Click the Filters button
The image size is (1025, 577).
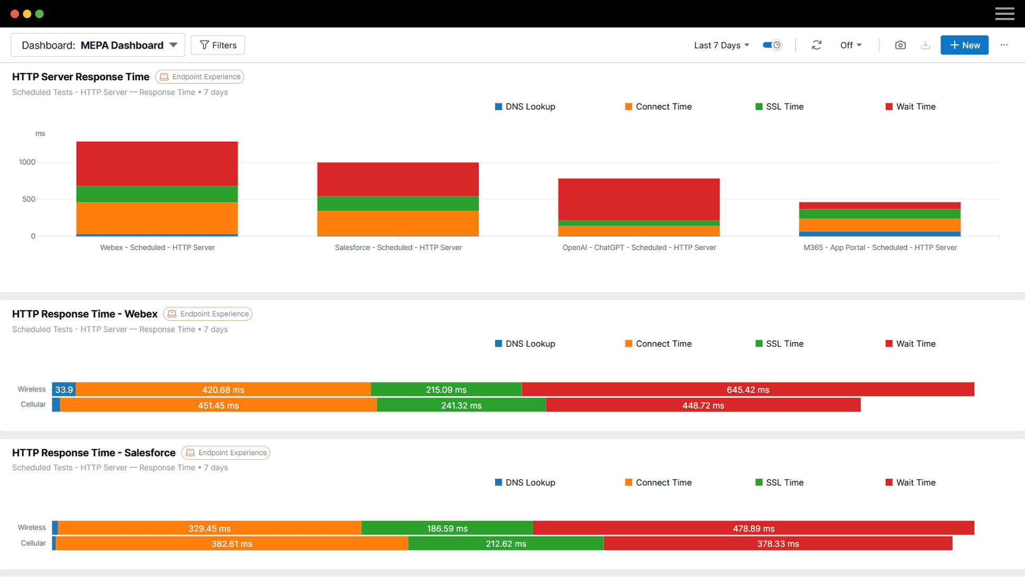coord(218,45)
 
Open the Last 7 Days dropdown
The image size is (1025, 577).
coord(721,45)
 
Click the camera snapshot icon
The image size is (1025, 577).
coord(900,45)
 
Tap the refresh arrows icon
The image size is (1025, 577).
coord(816,45)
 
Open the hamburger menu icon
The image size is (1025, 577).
coord(1004,14)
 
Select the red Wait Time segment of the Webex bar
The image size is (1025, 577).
coord(157,164)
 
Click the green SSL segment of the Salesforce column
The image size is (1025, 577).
coord(398,203)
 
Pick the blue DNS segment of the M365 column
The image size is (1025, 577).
coord(880,234)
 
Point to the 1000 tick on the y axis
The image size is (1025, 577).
coord(27,162)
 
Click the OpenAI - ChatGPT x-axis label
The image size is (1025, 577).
coord(639,247)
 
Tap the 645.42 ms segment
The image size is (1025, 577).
coord(748,390)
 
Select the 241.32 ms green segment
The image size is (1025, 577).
coord(461,406)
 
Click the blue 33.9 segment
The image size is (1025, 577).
coord(64,390)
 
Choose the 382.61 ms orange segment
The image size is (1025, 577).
coord(231,544)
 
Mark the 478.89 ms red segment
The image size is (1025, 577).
coord(753,528)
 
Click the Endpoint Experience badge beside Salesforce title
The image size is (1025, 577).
coord(226,453)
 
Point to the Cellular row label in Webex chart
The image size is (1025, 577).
coord(33,405)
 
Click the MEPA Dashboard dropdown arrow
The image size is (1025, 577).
coord(173,45)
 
